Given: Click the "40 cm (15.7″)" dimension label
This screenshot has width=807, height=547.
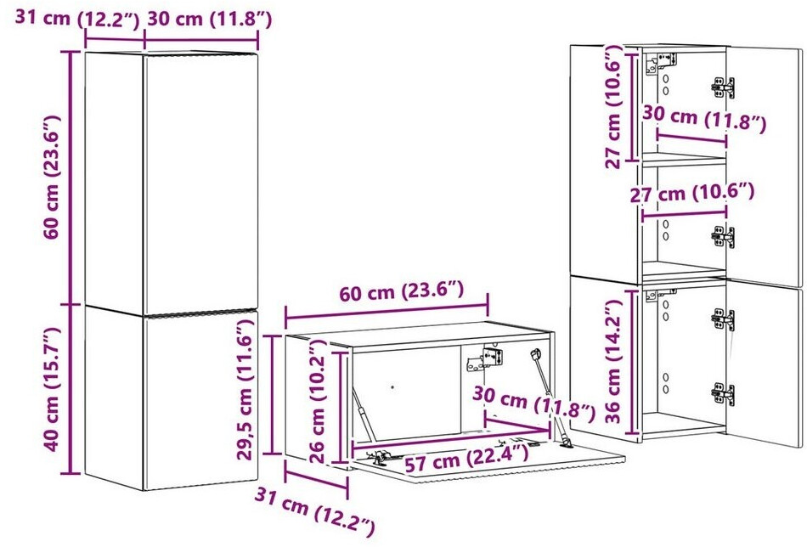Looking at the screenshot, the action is pyautogui.click(x=52, y=389).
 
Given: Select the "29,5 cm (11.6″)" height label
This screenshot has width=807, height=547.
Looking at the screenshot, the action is pyautogui.click(x=245, y=389).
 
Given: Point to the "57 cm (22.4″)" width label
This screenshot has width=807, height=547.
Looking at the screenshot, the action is pyautogui.click(x=466, y=458).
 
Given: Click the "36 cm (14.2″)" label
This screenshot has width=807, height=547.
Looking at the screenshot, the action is pyautogui.click(x=613, y=361).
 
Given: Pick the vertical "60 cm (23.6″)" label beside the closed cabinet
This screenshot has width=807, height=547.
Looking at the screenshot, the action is pyautogui.click(x=52, y=177).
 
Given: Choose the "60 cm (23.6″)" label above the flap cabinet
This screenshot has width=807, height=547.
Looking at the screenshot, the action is pyautogui.click(x=402, y=292).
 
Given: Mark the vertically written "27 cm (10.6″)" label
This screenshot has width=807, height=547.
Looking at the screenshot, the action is pyautogui.click(x=613, y=106).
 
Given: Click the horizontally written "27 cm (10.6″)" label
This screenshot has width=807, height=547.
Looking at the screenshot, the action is pyautogui.click(x=692, y=194).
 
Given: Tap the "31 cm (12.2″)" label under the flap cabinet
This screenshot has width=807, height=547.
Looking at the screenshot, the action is pyautogui.click(x=314, y=511).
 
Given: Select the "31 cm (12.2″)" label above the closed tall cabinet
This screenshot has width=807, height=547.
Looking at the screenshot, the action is pyautogui.click(x=77, y=19).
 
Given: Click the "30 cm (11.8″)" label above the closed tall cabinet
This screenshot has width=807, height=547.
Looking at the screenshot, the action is pyautogui.click(x=210, y=19).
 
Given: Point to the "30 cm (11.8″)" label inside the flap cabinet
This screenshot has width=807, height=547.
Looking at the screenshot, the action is pyautogui.click(x=533, y=403).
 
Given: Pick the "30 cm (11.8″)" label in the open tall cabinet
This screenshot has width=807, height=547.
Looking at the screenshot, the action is pyautogui.click(x=704, y=120).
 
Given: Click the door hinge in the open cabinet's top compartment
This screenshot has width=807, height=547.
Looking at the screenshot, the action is pyautogui.click(x=723, y=87).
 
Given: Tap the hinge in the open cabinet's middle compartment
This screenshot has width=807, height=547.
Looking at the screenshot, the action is pyautogui.click(x=723, y=237).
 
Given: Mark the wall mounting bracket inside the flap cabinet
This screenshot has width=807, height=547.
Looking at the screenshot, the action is pyautogui.click(x=484, y=359).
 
